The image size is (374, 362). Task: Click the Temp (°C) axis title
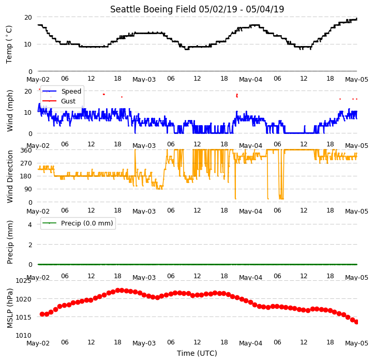click(x=9, y=44)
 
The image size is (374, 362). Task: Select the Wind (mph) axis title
click(x=9, y=111)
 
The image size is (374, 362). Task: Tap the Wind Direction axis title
click(x=9, y=176)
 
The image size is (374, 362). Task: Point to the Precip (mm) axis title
click(x=9, y=243)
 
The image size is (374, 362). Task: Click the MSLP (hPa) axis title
click(x=9, y=308)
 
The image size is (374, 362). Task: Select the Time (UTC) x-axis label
click(x=197, y=353)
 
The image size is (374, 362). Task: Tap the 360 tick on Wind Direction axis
click(x=26, y=150)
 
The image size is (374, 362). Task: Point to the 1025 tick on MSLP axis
click(x=23, y=281)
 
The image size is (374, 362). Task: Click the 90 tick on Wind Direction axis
click(x=28, y=189)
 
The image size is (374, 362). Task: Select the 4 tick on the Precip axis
click(x=30, y=224)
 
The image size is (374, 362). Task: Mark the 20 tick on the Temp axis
click(x=28, y=18)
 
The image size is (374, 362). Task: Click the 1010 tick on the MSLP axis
click(x=23, y=336)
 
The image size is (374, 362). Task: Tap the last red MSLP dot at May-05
click(x=356, y=322)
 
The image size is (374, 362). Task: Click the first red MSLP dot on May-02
click(x=42, y=314)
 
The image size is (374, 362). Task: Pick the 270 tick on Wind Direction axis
click(x=26, y=163)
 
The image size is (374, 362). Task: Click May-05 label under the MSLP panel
click(x=356, y=343)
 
